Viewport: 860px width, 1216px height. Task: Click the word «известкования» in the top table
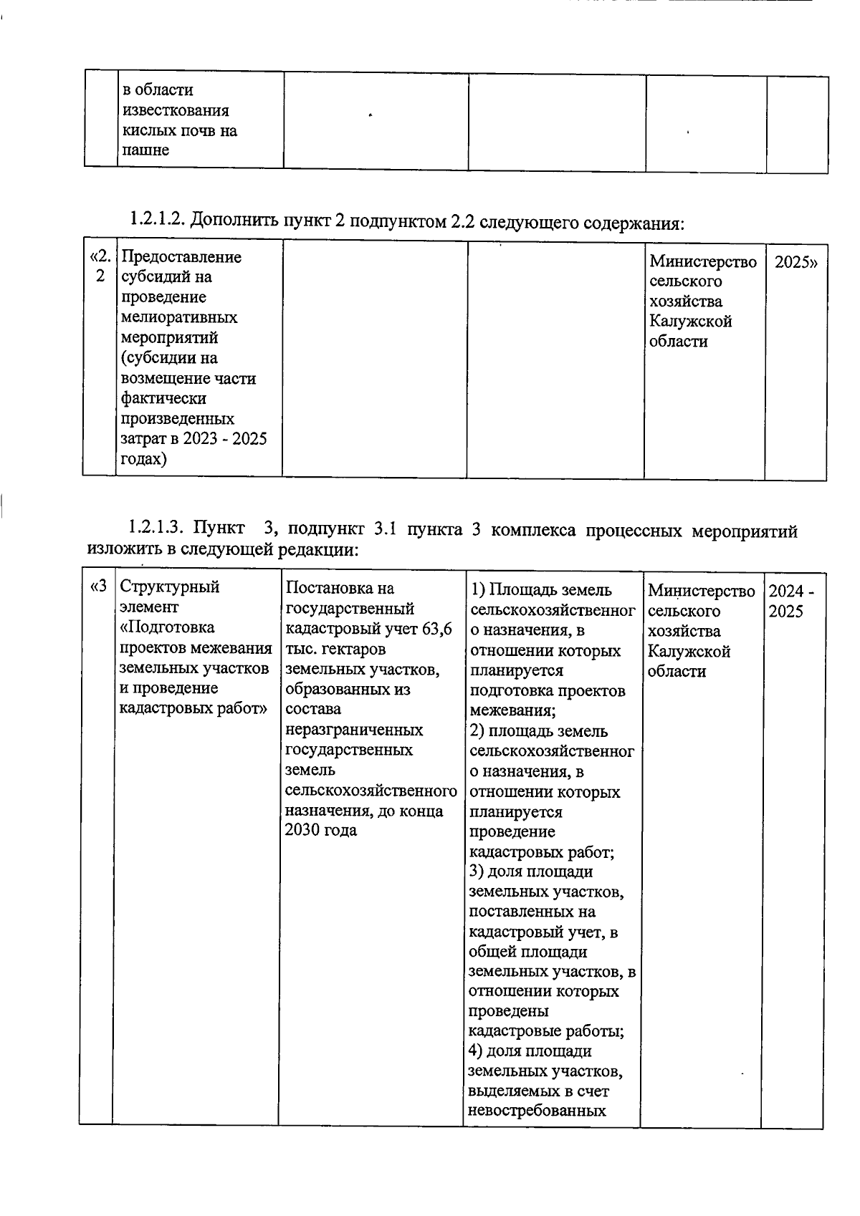(x=176, y=110)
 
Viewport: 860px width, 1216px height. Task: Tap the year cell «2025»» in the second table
(x=795, y=261)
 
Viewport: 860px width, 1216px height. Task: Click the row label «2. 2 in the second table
(x=100, y=266)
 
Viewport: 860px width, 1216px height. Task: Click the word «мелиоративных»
(x=179, y=317)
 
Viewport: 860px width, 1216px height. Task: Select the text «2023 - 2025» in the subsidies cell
(x=224, y=438)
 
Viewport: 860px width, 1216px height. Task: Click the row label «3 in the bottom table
(x=97, y=587)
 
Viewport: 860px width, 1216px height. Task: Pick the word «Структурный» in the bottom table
(x=169, y=587)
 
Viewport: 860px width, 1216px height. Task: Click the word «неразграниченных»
(x=354, y=730)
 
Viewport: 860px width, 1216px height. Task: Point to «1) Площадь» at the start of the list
(x=511, y=589)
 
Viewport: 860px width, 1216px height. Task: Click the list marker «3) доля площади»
(x=531, y=872)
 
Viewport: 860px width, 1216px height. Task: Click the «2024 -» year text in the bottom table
(x=790, y=592)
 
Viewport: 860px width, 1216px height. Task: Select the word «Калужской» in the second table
(x=690, y=321)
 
